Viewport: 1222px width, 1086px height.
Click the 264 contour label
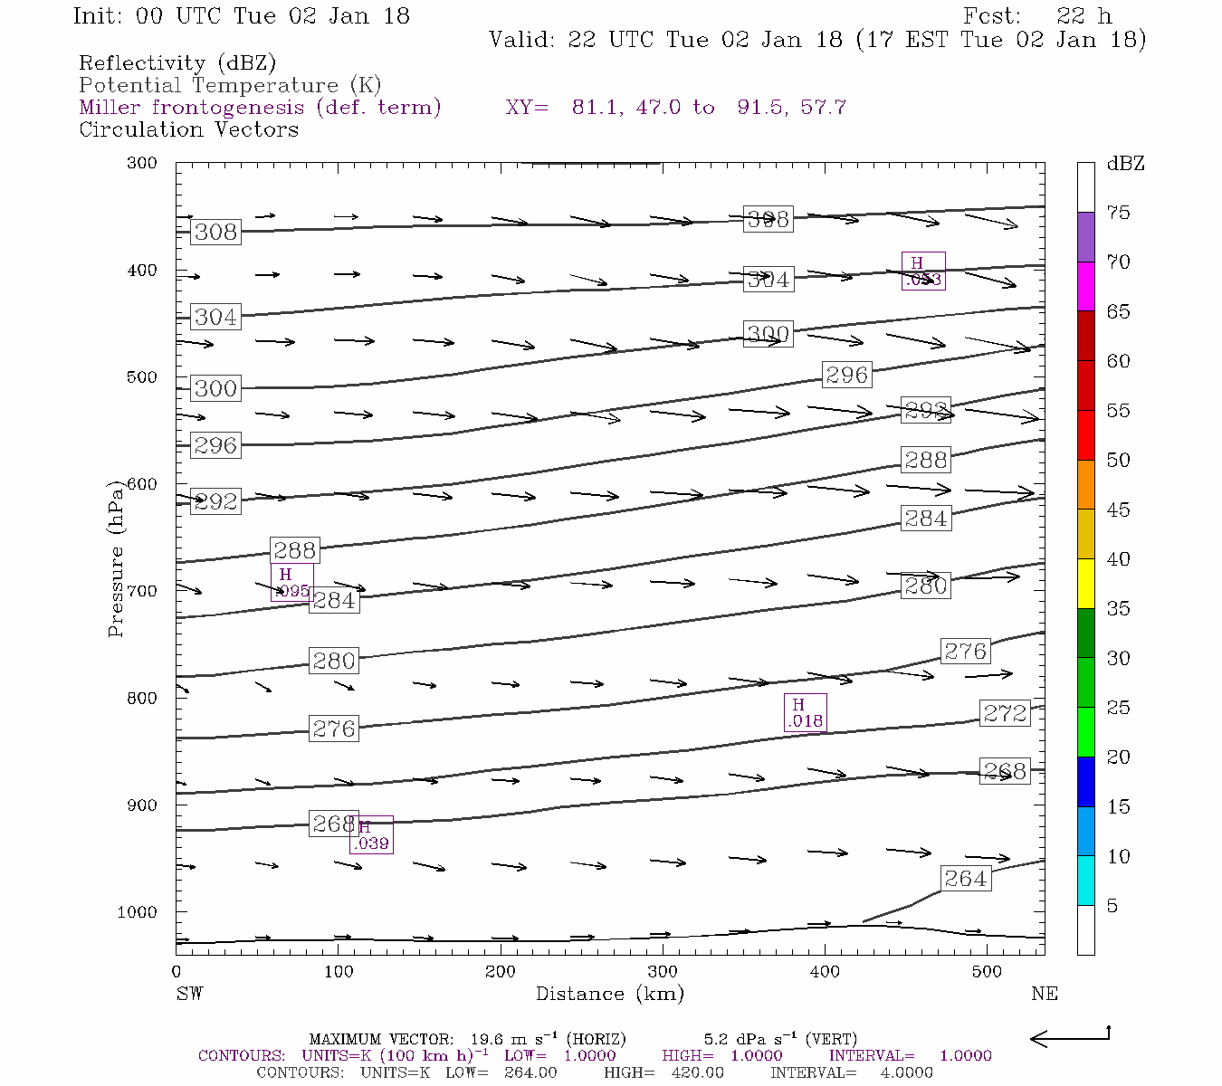[965, 879]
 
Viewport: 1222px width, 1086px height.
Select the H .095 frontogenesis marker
[292, 583]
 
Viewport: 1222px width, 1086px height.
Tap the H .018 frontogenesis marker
[805, 713]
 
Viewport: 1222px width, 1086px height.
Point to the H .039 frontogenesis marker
[371, 835]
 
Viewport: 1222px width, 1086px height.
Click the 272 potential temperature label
[1005, 713]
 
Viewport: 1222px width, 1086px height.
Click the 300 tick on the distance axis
[663, 972]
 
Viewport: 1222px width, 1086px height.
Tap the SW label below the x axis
[189, 994]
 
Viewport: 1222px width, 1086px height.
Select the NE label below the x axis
[1044, 994]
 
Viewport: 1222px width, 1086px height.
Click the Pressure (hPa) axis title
[116, 558]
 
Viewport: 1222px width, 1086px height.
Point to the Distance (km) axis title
[609, 994]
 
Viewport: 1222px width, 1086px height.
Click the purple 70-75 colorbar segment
[1085, 237]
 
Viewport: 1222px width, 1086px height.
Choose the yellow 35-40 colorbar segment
[1085, 584]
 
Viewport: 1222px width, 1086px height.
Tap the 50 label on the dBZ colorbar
[1118, 461]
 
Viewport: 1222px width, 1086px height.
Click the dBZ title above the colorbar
[1125, 164]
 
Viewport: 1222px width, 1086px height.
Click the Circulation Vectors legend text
[188, 129]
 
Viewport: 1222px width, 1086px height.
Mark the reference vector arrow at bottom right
[1070, 1038]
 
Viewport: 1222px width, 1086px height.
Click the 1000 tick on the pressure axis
[138, 912]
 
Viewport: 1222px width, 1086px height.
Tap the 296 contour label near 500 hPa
[846, 375]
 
